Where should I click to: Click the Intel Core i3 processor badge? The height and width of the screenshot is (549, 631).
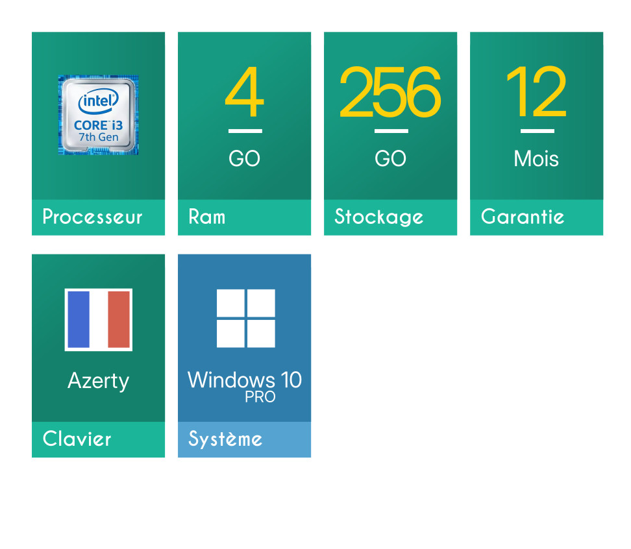(98, 115)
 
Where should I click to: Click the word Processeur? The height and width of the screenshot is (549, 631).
(92, 217)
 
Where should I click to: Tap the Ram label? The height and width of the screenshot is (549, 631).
(207, 217)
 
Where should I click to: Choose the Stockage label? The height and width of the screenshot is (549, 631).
(378, 217)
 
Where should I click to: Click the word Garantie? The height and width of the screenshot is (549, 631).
(523, 217)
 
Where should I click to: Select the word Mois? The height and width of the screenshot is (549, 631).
(536, 158)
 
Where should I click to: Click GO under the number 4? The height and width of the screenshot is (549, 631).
(244, 158)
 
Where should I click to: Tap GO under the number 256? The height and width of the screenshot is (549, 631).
(390, 158)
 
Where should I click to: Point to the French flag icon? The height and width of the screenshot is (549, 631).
(99, 320)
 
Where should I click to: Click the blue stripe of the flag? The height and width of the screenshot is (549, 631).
(79, 319)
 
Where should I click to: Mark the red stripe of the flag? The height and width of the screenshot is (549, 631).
(119, 319)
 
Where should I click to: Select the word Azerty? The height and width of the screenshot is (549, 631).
(99, 381)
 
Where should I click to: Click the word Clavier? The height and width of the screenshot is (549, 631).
(77, 439)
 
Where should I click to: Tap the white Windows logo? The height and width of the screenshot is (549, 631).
(246, 318)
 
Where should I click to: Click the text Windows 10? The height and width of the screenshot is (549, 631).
(245, 380)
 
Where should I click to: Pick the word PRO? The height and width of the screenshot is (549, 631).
(260, 397)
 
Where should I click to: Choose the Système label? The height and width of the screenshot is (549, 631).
(225, 439)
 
